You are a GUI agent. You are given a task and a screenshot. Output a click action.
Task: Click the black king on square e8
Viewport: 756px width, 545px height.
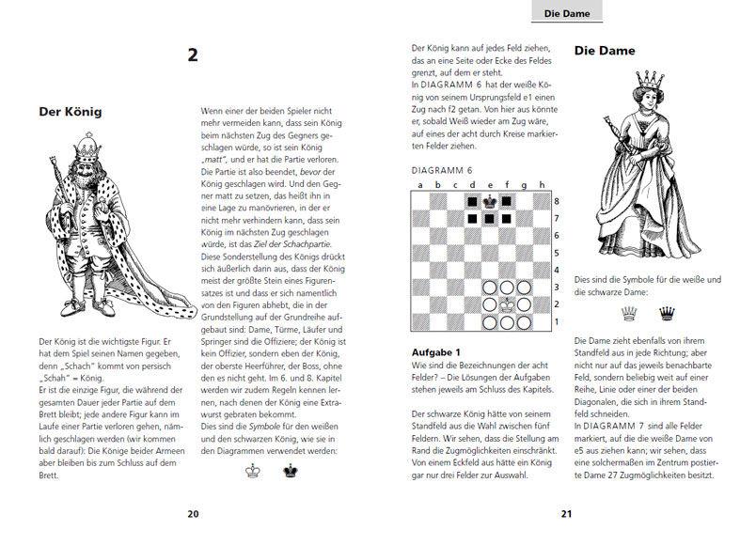pyautogui.click(x=489, y=201)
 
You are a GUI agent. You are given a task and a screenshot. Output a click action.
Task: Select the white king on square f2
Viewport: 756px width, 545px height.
pyautogui.click(x=507, y=304)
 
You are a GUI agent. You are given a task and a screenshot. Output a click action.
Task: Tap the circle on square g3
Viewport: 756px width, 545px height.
pyautogui.click(x=524, y=288)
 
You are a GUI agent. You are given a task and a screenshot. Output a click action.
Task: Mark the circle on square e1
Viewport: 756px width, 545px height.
pyautogui.click(x=489, y=322)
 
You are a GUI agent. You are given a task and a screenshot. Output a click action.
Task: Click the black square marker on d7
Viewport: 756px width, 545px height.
pyautogui.click(x=472, y=218)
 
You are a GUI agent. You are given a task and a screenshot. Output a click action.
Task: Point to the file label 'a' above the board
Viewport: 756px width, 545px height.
pyautogui.click(x=420, y=185)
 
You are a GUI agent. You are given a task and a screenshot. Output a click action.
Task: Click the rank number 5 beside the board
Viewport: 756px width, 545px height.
pyautogui.click(x=558, y=253)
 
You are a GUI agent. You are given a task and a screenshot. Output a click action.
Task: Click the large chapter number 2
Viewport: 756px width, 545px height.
pyautogui.click(x=193, y=55)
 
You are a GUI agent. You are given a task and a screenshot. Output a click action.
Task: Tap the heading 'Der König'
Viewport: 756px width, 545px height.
pyautogui.click(x=70, y=112)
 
